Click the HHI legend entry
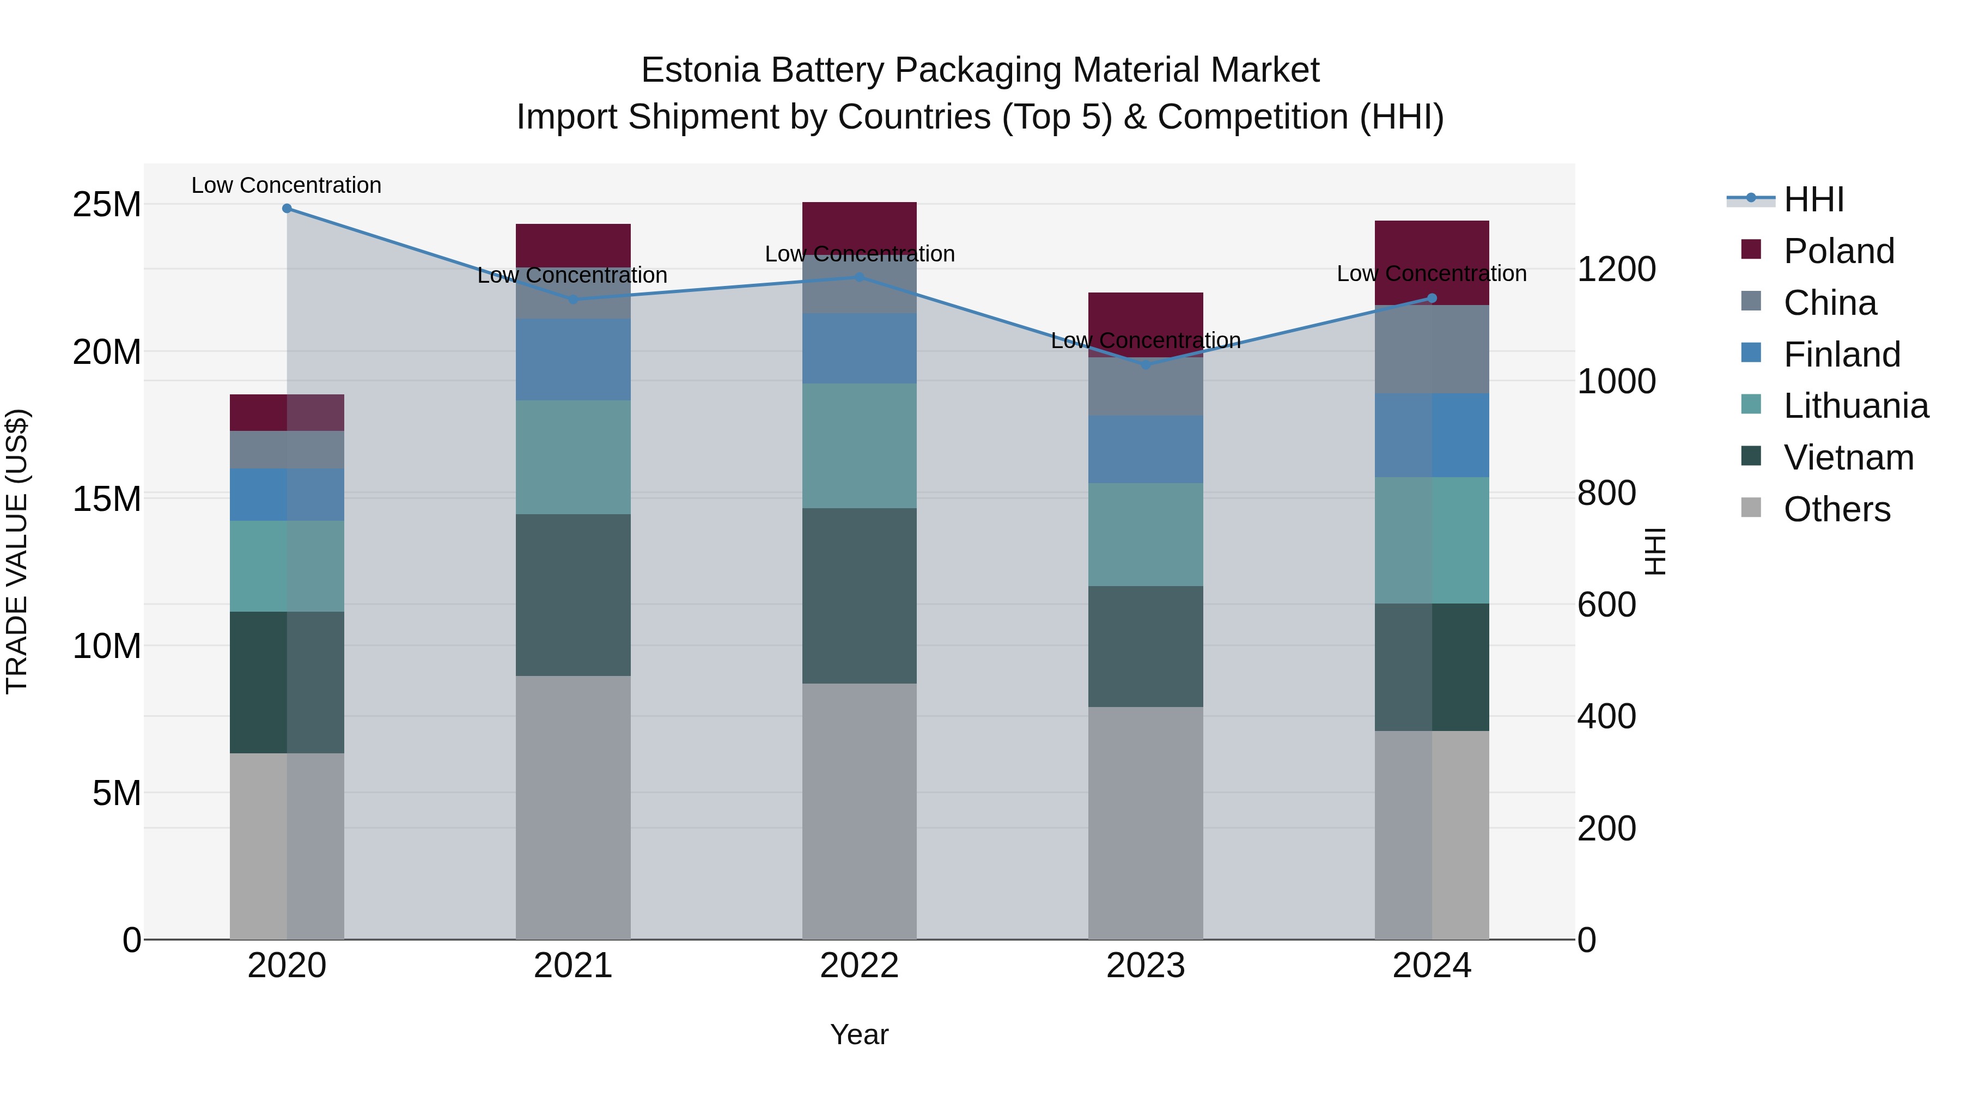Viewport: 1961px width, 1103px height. tap(1812, 199)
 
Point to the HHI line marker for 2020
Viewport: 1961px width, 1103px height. tap(287, 209)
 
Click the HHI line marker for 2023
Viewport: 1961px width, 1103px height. tap(1146, 364)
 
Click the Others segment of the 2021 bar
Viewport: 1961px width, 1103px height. tap(573, 807)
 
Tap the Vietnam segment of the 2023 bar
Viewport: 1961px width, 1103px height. tap(1146, 646)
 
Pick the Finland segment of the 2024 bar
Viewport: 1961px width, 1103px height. tap(1432, 435)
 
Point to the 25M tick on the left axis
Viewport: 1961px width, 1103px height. tap(107, 205)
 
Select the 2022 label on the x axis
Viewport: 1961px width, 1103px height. tap(860, 966)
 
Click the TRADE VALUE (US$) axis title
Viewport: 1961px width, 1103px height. tap(17, 551)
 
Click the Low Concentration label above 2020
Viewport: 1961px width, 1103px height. tap(286, 185)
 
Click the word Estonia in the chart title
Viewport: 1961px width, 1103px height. tap(701, 70)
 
